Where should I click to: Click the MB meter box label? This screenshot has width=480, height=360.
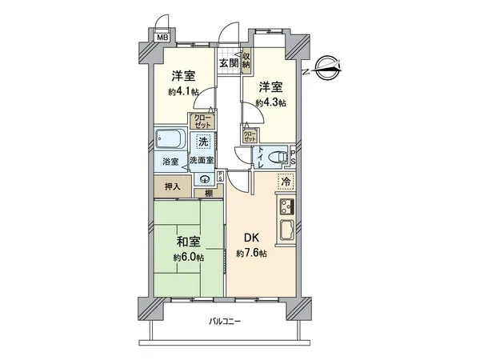[162, 38]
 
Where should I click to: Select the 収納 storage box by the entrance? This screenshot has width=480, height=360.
[247, 59]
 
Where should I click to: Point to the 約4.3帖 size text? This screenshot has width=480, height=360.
[270, 102]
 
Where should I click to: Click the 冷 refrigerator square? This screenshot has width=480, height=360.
[285, 182]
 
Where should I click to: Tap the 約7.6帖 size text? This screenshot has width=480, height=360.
[250, 254]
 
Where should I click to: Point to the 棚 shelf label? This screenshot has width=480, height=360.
[207, 193]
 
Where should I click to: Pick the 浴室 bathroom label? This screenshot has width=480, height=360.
[171, 161]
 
